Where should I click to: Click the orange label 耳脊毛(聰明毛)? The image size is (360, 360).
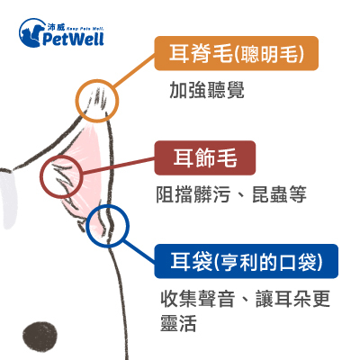237,53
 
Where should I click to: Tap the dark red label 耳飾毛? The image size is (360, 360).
205,157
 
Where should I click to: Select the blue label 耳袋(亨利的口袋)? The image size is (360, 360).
247,261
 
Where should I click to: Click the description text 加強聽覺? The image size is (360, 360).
207,90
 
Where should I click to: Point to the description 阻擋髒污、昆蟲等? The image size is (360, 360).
231,194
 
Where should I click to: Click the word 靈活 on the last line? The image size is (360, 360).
178,323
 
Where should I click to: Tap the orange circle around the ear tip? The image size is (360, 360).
97,80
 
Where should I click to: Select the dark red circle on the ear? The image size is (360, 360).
61,156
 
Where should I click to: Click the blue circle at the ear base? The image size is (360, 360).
108,205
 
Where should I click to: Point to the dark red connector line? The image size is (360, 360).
119,166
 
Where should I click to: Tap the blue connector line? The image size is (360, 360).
139,250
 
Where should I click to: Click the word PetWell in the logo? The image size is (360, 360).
73,39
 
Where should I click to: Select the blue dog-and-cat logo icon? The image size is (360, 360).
30,32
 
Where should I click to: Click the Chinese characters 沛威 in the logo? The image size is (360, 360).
56,27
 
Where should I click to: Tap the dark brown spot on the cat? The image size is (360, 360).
40,337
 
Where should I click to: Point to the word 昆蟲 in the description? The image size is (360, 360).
270,194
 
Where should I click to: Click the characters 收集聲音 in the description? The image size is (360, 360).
197,299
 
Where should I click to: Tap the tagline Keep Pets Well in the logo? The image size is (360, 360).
85,29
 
